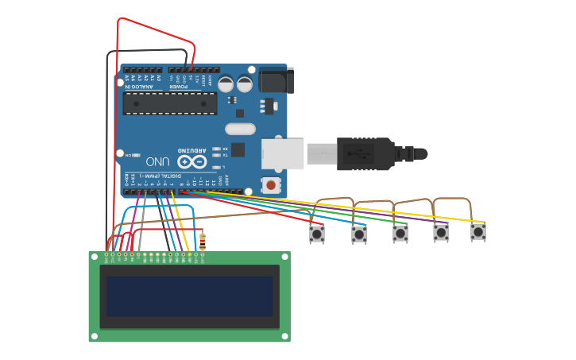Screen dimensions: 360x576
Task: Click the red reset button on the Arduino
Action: click(x=271, y=185)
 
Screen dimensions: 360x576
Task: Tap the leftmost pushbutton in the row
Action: click(x=317, y=234)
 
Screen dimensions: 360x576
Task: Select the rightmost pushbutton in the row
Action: click(x=477, y=232)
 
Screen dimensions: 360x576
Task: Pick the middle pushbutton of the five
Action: click(x=400, y=234)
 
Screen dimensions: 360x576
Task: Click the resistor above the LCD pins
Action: click(x=202, y=240)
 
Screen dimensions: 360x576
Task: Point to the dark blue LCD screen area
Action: click(x=189, y=296)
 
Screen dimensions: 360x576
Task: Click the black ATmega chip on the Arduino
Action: click(x=169, y=103)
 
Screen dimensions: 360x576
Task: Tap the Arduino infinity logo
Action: click(x=196, y=161)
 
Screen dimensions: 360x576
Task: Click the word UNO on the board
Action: click(x=157, y=161)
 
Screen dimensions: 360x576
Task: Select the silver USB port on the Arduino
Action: click(x=283, y=153)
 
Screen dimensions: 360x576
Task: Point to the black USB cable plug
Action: click(x=365, y=153)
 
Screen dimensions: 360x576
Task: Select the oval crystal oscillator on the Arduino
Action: click(x=240, y=129)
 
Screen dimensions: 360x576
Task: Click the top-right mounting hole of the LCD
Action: click(x=284, y=257)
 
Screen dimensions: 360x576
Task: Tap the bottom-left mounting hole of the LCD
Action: click(x=94, y=336)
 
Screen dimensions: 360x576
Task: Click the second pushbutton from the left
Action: click(x=359, y=234)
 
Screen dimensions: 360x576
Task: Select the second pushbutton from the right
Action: click(x=441, y=233)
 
